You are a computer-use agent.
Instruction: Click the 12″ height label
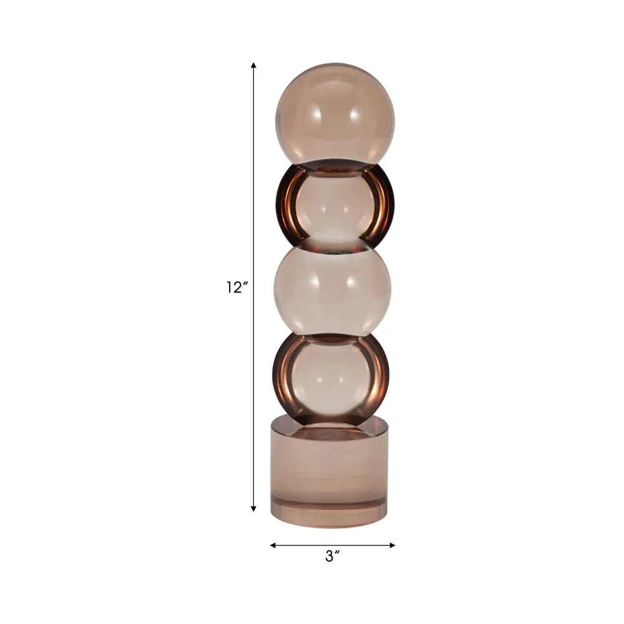(x=238, y=287)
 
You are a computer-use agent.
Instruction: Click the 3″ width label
(x=333, y=556)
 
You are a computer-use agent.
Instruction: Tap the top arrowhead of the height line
(x=253, y=66)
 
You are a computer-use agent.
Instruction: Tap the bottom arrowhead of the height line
(x=253, y=508)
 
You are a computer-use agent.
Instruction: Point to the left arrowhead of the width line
(x=273, y=545)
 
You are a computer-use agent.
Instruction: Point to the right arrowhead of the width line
(x=392, y=545)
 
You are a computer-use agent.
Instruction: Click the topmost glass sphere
(x=335, y=114)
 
